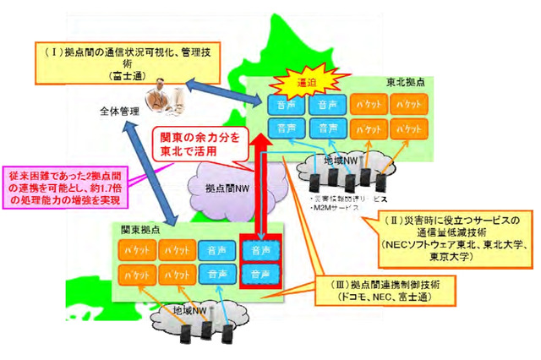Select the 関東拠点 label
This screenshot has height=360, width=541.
pyautogui.click(x=139, y=230)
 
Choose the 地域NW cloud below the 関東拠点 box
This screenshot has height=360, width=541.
pyautogui.click(x=194, y=315)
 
